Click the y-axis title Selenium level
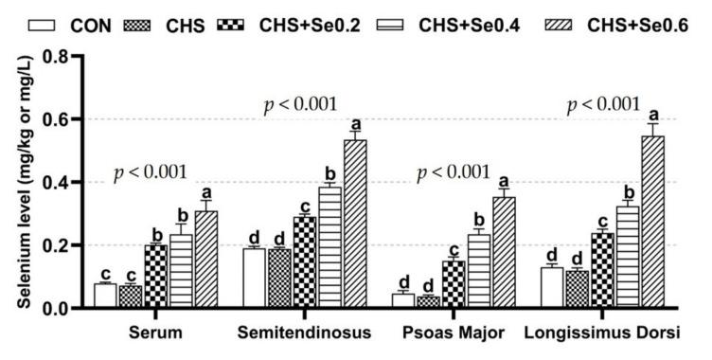click(x=19, y=180)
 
